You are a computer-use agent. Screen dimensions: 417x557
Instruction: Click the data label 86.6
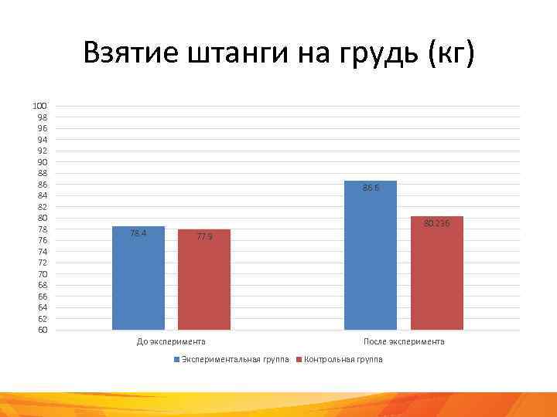[371, 188]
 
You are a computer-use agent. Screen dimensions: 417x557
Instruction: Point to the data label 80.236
[436, 224]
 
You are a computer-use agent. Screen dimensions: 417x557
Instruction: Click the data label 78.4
[138, 233]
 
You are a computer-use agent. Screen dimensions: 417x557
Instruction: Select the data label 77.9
[204, 236]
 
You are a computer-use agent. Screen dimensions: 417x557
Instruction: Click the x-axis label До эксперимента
[171, 341]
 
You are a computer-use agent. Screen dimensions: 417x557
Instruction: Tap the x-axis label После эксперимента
[404, 341]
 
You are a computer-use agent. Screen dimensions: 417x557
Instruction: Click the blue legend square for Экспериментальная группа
[176, 360]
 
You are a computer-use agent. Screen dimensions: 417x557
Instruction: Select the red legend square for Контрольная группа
[300, 360]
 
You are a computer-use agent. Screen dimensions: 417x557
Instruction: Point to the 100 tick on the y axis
[39, 106]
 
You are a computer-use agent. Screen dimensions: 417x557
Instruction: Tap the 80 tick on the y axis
[41, 218]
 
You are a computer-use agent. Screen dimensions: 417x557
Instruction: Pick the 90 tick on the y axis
[41, 162]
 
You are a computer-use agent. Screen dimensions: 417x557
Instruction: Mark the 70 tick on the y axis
[41, 274]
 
